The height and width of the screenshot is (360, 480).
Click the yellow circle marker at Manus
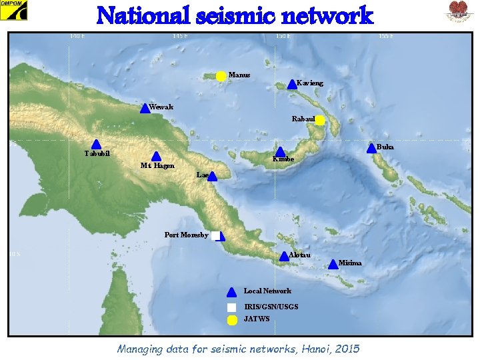(221, 77)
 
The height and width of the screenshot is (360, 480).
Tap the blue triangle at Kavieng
(292, 85)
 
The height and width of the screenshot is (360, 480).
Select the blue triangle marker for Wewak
(145, 109)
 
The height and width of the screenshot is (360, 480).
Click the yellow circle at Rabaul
(320, 121)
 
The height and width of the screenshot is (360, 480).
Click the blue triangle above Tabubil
(96, 144)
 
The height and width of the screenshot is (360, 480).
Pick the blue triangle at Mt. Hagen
(156, 156)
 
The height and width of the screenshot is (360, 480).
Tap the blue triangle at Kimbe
(281, 153)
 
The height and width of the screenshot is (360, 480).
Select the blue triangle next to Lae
(213, 176)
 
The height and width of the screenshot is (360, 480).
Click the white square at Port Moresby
(215, 235)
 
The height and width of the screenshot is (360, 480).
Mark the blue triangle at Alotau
(284, 256)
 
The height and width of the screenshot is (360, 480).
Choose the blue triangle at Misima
(333, 264)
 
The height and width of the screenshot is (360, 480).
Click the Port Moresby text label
(186, 235)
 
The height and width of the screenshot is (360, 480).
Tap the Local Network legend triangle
(231, 291)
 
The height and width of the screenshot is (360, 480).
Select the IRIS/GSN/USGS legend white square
(231, 307)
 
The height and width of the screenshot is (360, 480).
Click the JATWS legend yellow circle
(231, 320)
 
